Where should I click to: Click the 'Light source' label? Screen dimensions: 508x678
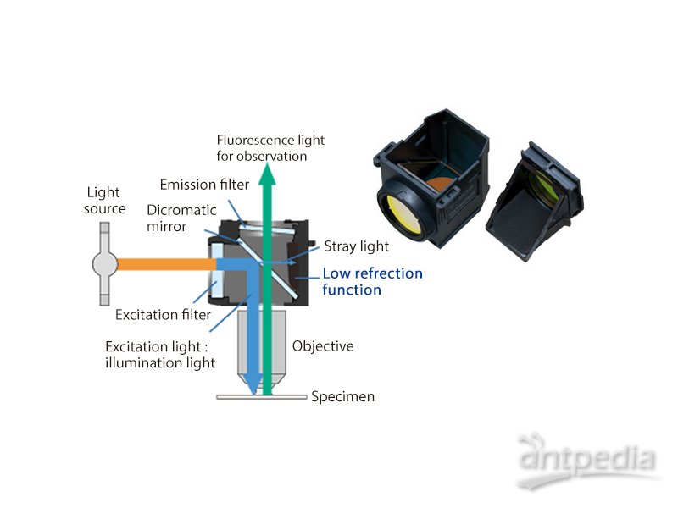pos(105,202)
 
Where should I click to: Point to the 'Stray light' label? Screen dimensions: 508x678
pos(356,246)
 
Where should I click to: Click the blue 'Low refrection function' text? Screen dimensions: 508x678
pos(372,281)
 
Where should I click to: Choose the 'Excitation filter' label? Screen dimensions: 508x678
pos(164,315)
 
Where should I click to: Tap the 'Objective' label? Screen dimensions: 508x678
pos(323,346)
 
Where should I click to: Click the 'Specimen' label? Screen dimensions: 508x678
pos(342,396)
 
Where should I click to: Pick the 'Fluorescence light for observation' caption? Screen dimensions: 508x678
pos(270,148)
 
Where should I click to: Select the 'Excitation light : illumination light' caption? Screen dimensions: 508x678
pos(160,355)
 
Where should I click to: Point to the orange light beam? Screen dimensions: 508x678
pos(161,264)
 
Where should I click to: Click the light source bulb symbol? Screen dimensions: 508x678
pos(104,263)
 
